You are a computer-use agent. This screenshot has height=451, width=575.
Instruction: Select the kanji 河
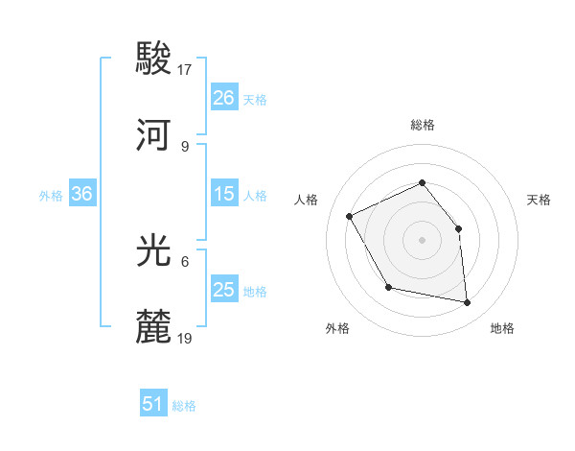coord(154,136)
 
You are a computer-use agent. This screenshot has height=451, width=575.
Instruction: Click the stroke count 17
coord(185,69)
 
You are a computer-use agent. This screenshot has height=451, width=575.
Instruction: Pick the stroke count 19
coord(185,339)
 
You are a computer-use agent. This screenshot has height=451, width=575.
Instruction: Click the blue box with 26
coord(223,98)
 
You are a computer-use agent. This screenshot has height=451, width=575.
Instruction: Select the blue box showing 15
coord(223,195)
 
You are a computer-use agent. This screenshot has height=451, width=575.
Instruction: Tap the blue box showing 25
coord(223,291)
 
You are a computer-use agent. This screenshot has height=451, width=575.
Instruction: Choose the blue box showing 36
coord(82,195)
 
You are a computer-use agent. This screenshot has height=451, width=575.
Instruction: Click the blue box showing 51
coord(153,404)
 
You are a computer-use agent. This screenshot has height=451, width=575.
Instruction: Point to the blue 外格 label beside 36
coord(51,196)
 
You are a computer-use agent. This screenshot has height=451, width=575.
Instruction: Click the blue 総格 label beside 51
coord(184,406)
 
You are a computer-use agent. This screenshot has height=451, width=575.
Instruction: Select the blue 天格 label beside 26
coord(255,100)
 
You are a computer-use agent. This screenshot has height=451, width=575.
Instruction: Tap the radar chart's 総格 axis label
coord(423,125)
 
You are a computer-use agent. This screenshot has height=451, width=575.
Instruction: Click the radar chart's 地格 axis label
coord(502,329)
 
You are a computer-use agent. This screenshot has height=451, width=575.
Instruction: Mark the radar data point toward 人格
coord(350,216)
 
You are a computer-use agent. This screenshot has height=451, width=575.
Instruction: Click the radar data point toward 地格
coord(467,303)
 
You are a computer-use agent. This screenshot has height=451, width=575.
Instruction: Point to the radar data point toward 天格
coord(458,228)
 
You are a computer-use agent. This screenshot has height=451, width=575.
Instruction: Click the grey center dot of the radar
coord(422,240)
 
